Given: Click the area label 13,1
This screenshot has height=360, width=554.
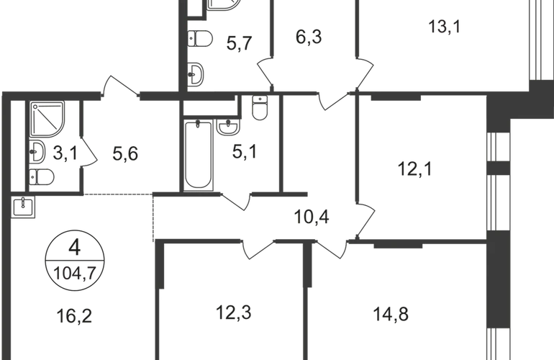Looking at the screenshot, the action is [x=445, y=27].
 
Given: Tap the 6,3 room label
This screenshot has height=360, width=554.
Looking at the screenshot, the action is [x=309, y=37].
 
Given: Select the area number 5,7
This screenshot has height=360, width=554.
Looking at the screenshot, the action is [x=239, y=43].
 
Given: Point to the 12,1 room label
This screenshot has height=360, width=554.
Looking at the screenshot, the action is [x=415, y=168].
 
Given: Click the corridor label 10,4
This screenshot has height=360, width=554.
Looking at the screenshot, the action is [x=312, y=217].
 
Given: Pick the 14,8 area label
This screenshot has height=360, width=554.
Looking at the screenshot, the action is [x=391, y=314].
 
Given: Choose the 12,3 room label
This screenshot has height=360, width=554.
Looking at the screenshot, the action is [x=234, y=312].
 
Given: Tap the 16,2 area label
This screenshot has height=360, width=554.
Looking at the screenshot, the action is [x=74, y=316].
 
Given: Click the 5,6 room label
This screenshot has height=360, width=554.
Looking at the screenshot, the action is [x=125, y=154].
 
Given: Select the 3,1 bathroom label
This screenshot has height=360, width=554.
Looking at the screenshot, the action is [x=65, y=153].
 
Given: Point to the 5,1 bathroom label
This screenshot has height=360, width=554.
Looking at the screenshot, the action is [x=245, y=152].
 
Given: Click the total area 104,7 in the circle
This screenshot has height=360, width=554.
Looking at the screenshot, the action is [x=75, y=273].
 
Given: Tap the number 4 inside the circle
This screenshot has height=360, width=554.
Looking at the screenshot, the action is [x=75, y=247].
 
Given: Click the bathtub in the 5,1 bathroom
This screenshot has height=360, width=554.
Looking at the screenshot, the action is [x=198, y=155].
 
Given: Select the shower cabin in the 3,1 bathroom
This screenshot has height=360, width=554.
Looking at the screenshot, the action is [x=47, y=119].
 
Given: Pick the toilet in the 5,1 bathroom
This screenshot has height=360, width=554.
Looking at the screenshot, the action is [x=260, y=107].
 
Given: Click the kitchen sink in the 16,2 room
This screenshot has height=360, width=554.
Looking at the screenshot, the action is [x=23, y=207].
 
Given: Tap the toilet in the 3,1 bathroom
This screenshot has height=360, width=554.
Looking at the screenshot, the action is [x=41, y=177].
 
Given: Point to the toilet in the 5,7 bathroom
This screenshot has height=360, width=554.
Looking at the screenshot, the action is [x=200, y=38].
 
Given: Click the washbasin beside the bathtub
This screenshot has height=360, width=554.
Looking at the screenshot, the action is [x=228, y=127].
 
